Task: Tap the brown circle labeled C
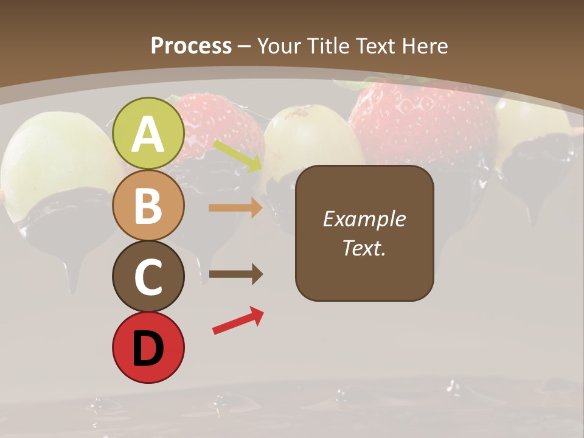coord(148,276)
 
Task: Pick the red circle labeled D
coord(148,347)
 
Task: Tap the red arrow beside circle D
coord(238,321)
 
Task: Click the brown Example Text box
coord(364,233)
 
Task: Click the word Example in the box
coord(364,219)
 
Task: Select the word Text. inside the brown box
coord(364,248)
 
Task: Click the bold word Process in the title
coord(191,46)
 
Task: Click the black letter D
coord(148,349)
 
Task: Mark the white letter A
coord(148,134)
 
